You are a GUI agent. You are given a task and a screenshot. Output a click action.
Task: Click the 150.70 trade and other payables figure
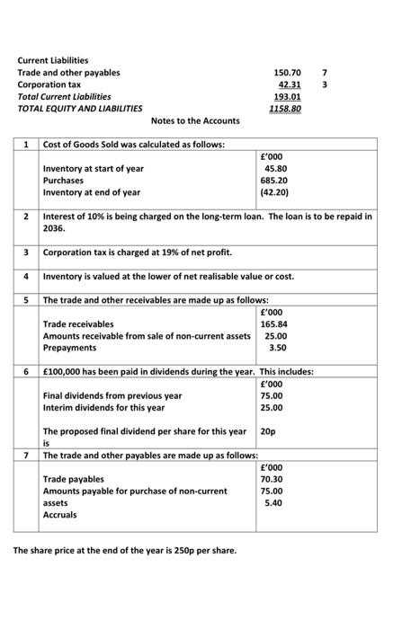pos(287,72)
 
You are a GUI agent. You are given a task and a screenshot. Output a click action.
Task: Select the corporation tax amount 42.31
pos(289,84)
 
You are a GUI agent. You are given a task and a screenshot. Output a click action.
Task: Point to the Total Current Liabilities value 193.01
pos(287,96)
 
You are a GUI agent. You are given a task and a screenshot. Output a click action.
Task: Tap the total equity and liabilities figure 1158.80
pos(285,108)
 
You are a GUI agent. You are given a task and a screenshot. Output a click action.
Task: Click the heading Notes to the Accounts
pos(195,120)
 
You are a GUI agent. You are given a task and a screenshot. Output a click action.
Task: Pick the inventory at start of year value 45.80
pos(275,168)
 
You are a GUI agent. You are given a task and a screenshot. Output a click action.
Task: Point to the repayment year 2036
pos(55,228)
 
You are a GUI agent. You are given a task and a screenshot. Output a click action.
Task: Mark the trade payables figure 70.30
pos(273,479)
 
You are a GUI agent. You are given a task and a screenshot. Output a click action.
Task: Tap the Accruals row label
pos(60,515)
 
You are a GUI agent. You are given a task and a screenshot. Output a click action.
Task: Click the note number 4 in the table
pos(27,276)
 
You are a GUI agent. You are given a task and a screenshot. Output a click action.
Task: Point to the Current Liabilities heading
pos(53,60)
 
